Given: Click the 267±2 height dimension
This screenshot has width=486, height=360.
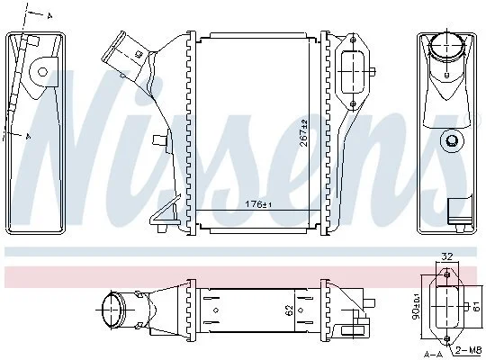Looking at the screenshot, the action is pyautogui.click(x=304, y=132).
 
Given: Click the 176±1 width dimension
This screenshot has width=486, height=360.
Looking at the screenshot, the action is pyautogui.click(x=258, y=204).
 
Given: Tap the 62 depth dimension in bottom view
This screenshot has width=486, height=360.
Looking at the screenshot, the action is pyautogui.click(x=289, y=310).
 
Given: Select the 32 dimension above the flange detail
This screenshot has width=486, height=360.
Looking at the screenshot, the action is pyautogui.click(x=447, y=256).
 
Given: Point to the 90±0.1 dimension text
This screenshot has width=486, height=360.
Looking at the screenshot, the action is pyautogui.click(x=417, y=306).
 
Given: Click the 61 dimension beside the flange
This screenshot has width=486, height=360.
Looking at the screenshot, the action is pyautogui.click(x=476, y=307).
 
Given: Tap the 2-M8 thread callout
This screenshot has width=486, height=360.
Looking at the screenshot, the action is pyautogui.click(x=468, y=350).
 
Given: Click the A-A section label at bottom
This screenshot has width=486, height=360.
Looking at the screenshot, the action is pyautogui.click(x=434, y=354).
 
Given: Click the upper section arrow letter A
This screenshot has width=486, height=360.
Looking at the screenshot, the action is pyautogui.click(x=49, y=16).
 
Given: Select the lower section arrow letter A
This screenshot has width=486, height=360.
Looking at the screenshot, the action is pyautogui.click(x=28, y=136).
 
